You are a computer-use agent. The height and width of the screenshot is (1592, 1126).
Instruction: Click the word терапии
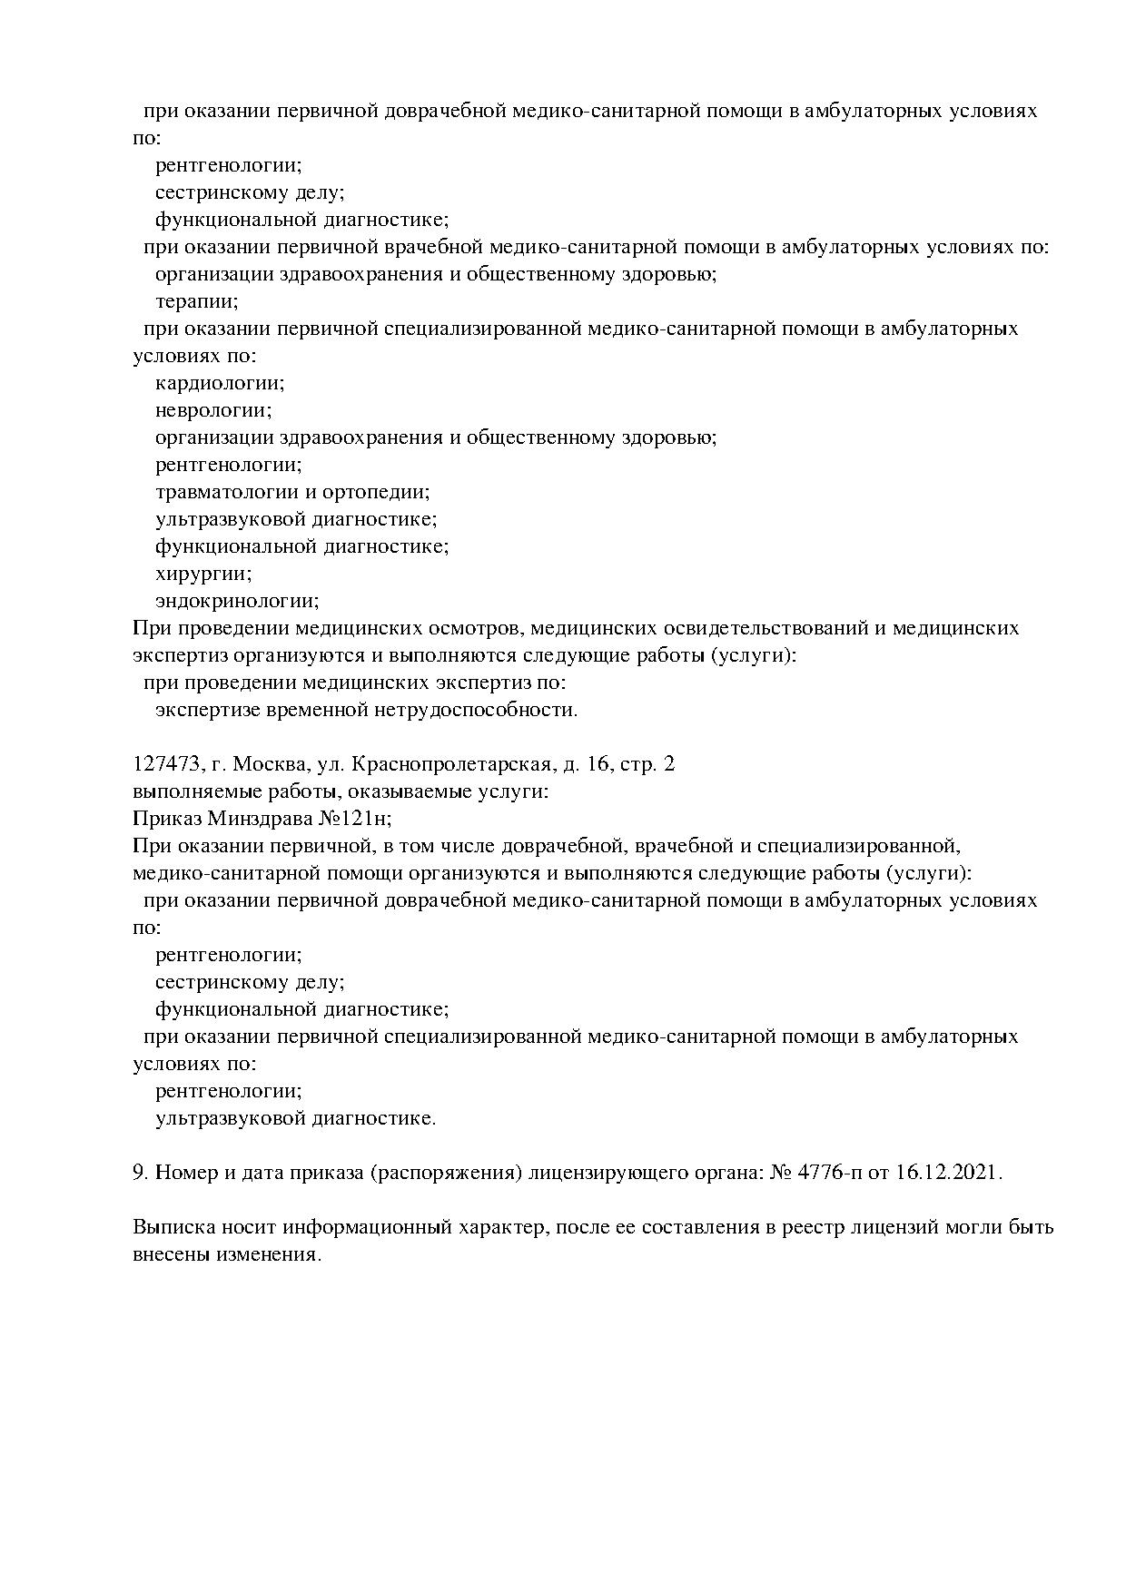click(x=196, y=302)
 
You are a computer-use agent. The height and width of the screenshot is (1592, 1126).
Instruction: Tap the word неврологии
click(x=213, y=410)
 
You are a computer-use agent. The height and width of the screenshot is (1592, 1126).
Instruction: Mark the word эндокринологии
click(x=237, y=601)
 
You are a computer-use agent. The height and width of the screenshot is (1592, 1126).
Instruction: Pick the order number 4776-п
click(x=831, y=1173)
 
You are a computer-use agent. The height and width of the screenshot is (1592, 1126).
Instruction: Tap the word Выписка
click(x=173, y=1228)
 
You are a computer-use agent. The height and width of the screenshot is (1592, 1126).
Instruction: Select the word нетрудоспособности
click(x=475, y=710)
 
